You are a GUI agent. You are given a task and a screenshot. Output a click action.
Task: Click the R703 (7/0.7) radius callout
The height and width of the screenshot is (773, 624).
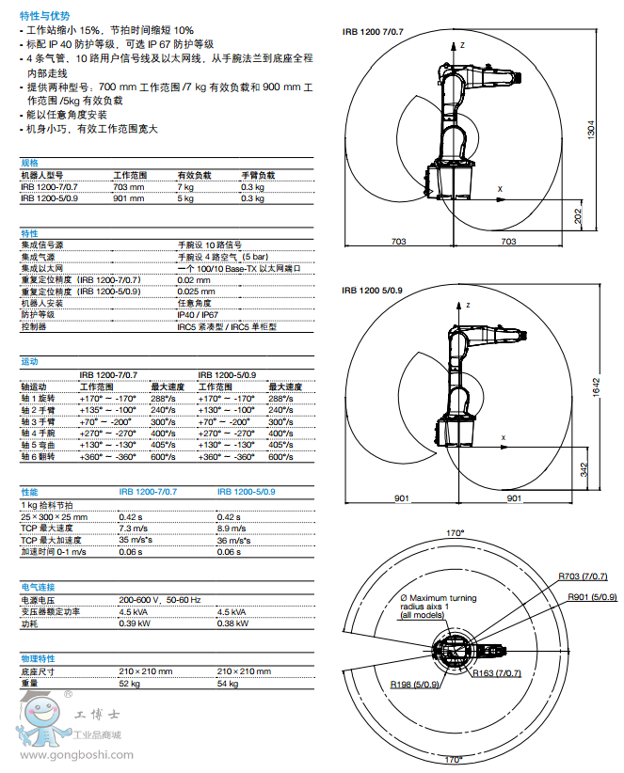pos(582,576)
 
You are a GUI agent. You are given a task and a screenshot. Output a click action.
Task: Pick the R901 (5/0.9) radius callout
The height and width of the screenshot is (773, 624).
pos(592,596)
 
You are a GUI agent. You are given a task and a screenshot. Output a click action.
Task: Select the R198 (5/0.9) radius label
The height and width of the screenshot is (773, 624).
pos(415,684)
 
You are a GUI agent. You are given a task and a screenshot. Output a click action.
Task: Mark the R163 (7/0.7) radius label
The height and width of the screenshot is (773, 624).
pos(497,673)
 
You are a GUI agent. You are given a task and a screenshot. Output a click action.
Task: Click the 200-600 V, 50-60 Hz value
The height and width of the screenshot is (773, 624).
pos(159,599)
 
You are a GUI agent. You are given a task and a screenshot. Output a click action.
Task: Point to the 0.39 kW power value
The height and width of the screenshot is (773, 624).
pos(135,623)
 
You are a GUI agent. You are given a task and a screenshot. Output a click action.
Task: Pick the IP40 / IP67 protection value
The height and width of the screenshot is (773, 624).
pos(198,315)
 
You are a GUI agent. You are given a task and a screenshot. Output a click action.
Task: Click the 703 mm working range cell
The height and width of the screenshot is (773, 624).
pos(129,187)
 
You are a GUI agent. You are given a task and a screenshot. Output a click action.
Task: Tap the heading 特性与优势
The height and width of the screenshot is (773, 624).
pos(44,16)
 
